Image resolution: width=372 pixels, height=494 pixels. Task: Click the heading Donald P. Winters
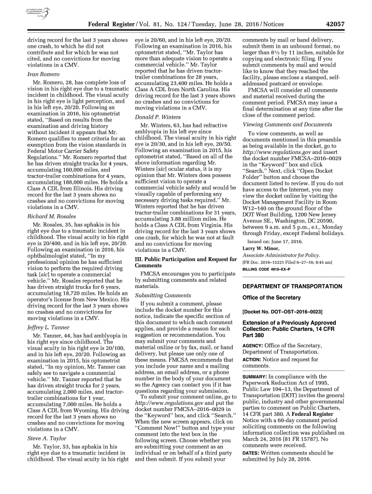pyautogui.click(x=157, y=117)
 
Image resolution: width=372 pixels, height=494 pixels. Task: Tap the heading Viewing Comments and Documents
pyautogui.click(x=287, y=124)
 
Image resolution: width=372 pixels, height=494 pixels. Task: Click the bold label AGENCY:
pyautogui.click(x=253, y=345)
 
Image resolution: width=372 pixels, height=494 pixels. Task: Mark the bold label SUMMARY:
pyautogui.click(x=255, y=376)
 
